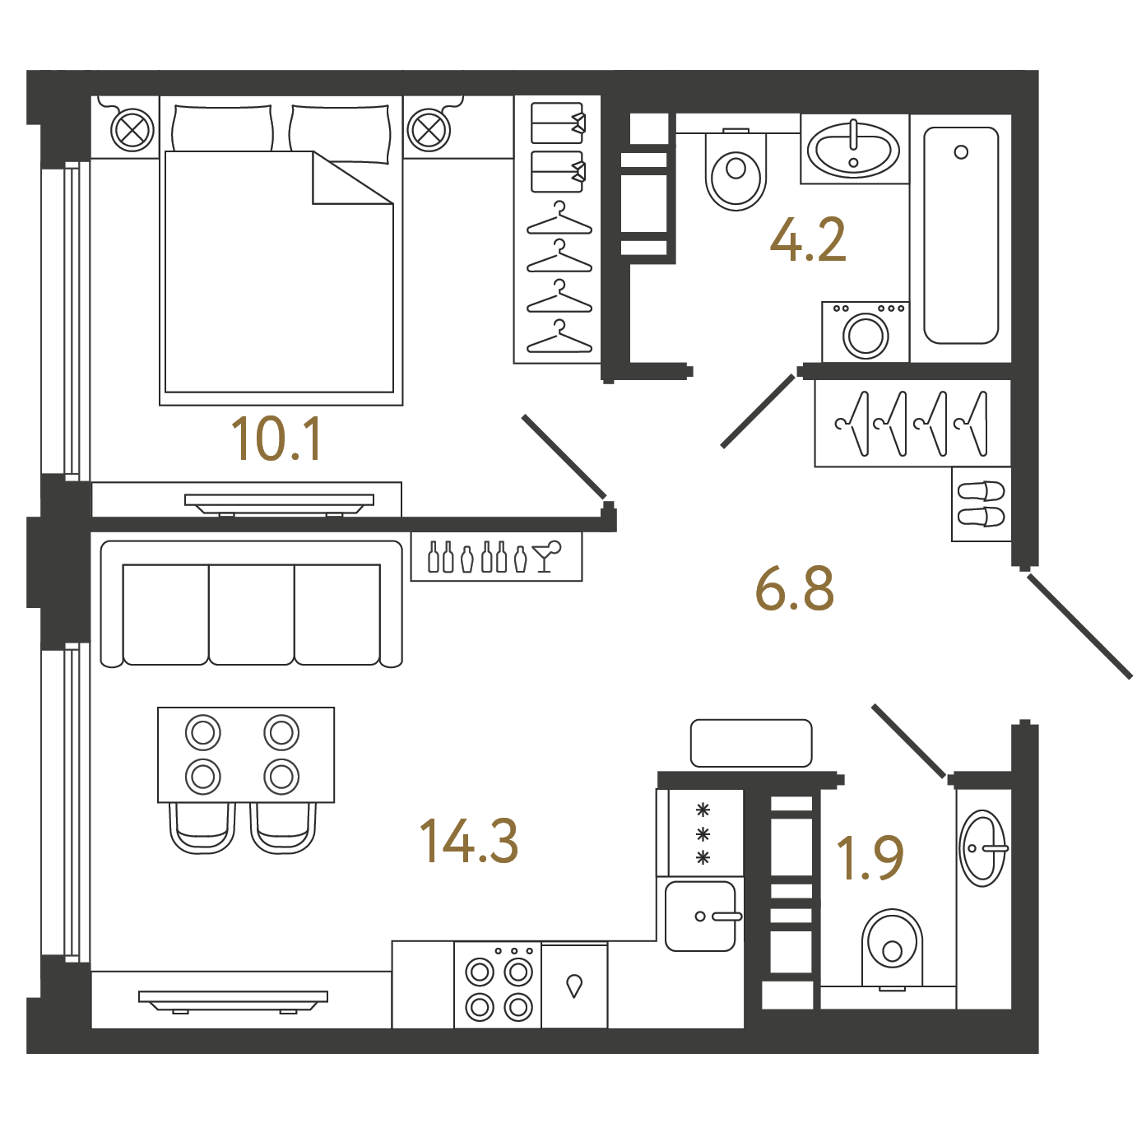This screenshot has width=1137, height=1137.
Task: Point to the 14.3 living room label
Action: (x=469, y=841)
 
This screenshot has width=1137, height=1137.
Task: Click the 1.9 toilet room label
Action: (x=870, y=857)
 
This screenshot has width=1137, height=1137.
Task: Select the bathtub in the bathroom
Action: (x=961, y=235)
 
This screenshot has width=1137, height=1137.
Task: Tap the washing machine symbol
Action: (x=865, y=332)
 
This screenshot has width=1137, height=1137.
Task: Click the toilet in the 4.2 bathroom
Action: (x=736, y=170)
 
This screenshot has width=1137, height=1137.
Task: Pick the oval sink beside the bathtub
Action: (x=853, y=149)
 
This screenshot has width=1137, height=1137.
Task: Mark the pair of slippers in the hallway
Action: (x=981, y=504)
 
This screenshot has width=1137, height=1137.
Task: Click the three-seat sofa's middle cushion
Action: (x=252, y=615)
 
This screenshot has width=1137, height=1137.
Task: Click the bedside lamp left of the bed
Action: (x=132, y=130)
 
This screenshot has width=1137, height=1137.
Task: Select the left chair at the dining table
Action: (x=202, y=827)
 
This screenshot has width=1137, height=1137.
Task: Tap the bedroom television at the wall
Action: (x=279, y=504)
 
